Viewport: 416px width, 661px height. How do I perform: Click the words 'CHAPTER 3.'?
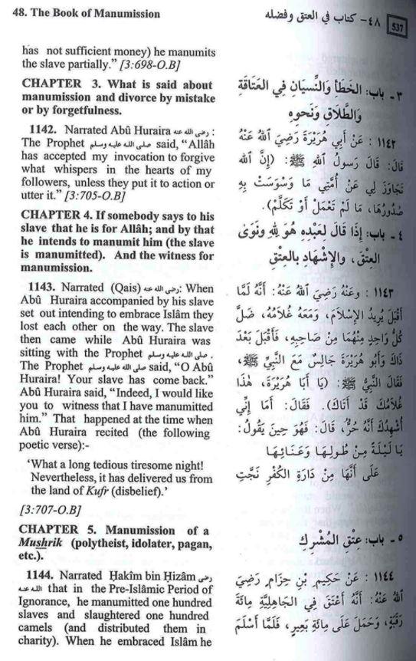click(x=57, y=83)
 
